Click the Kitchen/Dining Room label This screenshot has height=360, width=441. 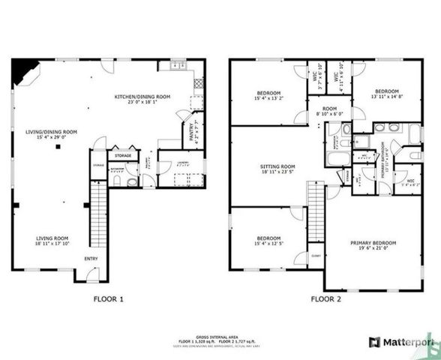(142, 97)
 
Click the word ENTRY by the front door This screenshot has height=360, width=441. (91, 259)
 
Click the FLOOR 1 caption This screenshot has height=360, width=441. (107, 298)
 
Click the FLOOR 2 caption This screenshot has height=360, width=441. (327, 298)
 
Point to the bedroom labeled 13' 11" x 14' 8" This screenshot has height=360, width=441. (390, 94)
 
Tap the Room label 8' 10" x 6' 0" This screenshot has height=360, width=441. (330, 110)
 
